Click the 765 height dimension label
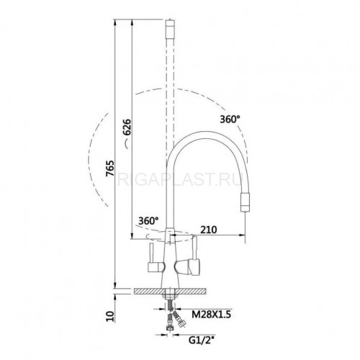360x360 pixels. (x=110, y=168)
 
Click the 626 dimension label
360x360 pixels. (x=127, y=127)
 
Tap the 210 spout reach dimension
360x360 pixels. (x=209, y=230)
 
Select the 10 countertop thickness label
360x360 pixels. (x=111, y=316)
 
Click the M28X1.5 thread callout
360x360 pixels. (x=211, y=314)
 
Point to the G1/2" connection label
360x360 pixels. (x=201, y=340)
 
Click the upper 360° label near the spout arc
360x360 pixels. (x=230, y=119)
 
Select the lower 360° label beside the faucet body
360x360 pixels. (x=148, y=220)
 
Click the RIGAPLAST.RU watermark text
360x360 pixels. (x=179, y=179)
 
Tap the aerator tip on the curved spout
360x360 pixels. (x=245, y=203)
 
